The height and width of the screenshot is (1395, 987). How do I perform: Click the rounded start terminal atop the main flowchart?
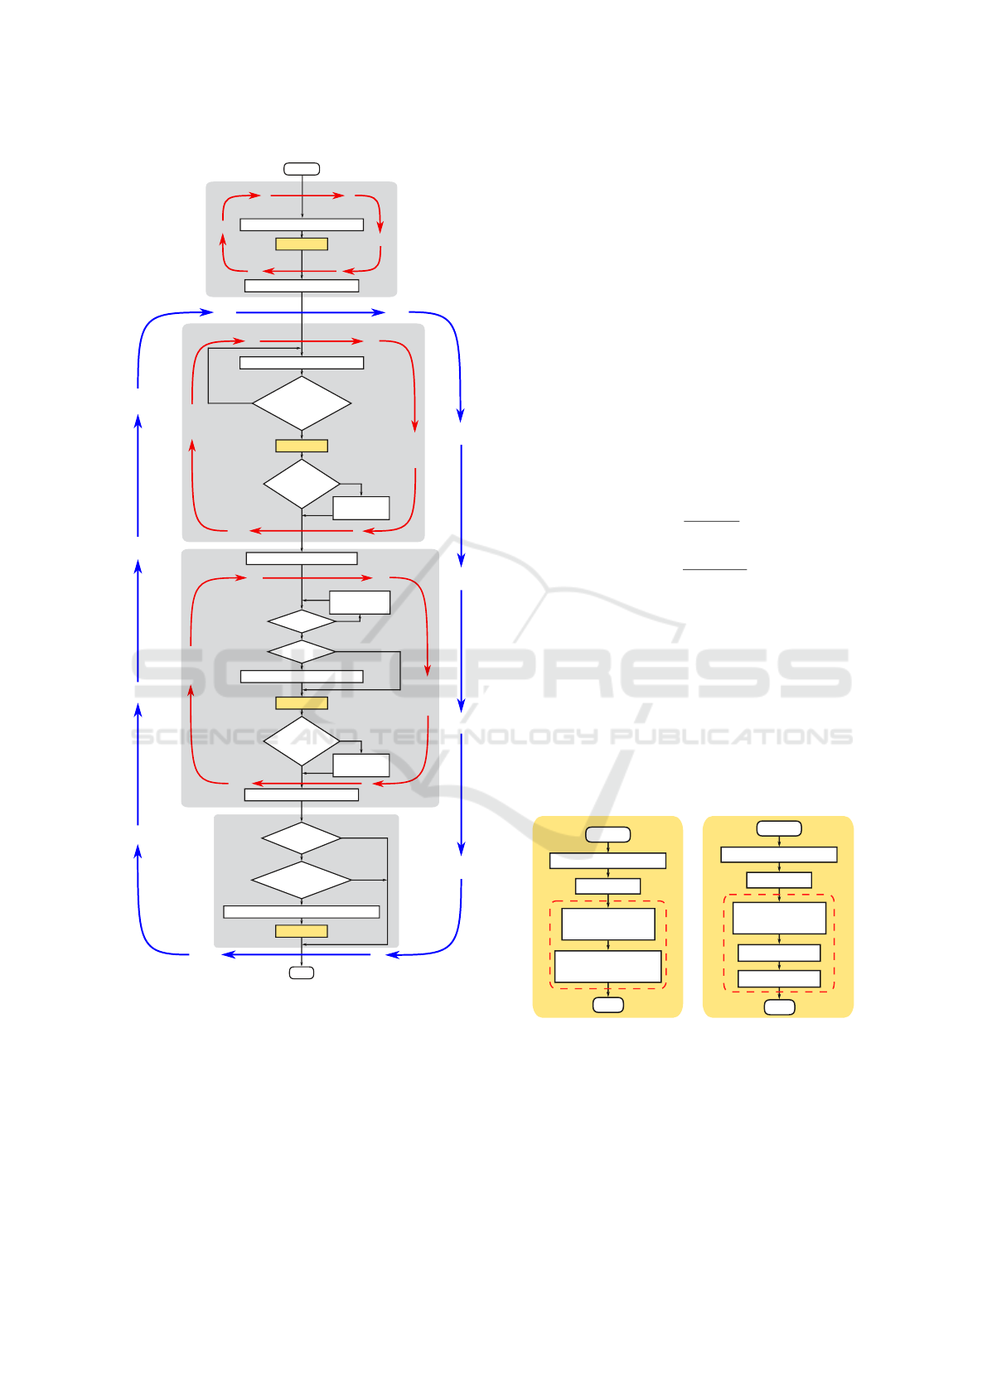(x=302, y=169)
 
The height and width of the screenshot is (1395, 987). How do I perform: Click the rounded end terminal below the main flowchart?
(x=302, y=973)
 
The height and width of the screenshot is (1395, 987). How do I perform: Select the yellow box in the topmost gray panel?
(x=302, y=244)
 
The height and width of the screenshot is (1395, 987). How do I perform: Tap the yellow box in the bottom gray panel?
(x=302, y=931)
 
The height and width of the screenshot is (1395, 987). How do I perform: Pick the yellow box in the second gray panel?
(x=302, y=446)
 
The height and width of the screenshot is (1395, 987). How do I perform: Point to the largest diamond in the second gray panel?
(x=302, y=404)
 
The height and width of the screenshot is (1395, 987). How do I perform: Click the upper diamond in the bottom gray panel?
(x=302, y=838)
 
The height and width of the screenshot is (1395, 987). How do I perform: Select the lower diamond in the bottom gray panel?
(x=302, y=880)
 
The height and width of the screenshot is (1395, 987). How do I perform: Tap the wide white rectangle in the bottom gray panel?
(x=302, y=912)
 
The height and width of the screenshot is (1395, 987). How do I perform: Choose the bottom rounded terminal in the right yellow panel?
(x=779, y=1007)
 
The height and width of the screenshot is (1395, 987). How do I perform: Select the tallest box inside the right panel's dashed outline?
(x=779, y=918)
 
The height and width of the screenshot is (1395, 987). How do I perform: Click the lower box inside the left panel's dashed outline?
(x=608, y=966)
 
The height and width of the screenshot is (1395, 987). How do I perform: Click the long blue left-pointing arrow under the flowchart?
(x=296, y=955)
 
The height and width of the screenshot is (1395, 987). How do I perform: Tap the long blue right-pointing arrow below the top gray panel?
(x=311, y=313)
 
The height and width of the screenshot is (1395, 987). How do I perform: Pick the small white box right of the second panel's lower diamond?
(x=361, y=508)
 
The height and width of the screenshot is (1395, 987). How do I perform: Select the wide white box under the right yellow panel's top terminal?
(x=779, y=855)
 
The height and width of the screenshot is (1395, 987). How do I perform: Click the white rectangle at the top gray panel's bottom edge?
(x=302, y=286)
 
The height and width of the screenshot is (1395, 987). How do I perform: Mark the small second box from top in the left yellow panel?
(x=608, y=886)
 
